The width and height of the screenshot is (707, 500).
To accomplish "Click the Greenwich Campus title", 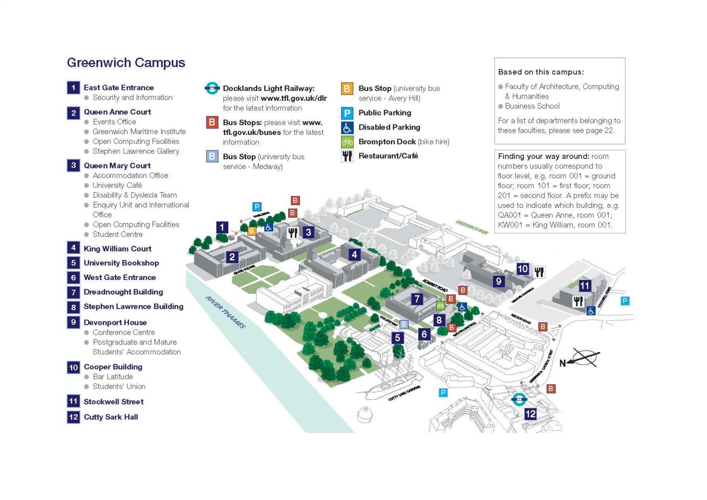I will (x=126, y=63).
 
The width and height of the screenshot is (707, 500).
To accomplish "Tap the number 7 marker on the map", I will (x=417, y=299).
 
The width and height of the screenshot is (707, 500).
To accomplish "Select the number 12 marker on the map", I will (x=530, y=414).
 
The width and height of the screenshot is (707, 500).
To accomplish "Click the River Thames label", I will (x=225, y=312).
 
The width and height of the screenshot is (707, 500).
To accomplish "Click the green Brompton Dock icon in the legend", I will (x=347, y=142).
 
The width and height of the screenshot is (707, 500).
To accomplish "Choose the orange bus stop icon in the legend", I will (x=347, y=89).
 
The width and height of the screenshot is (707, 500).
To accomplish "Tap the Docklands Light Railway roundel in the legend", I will (x=212, y=88).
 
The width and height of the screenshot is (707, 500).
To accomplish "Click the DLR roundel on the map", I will (x=519, y=399).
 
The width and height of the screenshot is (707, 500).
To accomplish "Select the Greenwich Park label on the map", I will (x=472, y=227).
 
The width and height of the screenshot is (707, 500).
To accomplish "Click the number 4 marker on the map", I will (x=354, y=255).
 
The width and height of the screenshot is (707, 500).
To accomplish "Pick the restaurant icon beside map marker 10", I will (x=539, y=272).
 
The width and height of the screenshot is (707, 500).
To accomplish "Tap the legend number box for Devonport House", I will (x=73, y=322).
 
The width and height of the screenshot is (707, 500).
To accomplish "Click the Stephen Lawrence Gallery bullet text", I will (x=136, y=151).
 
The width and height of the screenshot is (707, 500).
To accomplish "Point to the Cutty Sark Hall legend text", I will (x=111, y=417).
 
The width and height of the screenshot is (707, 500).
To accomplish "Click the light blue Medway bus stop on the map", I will (x=404, y=324).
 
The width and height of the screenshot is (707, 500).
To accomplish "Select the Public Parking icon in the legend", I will (x=347, y=113).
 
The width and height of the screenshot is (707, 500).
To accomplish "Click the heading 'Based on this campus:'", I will (x=541, y=72).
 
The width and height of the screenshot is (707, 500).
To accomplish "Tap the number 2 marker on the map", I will (x=232, y=257).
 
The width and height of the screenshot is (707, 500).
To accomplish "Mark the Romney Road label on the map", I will (x=435, y=286).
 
